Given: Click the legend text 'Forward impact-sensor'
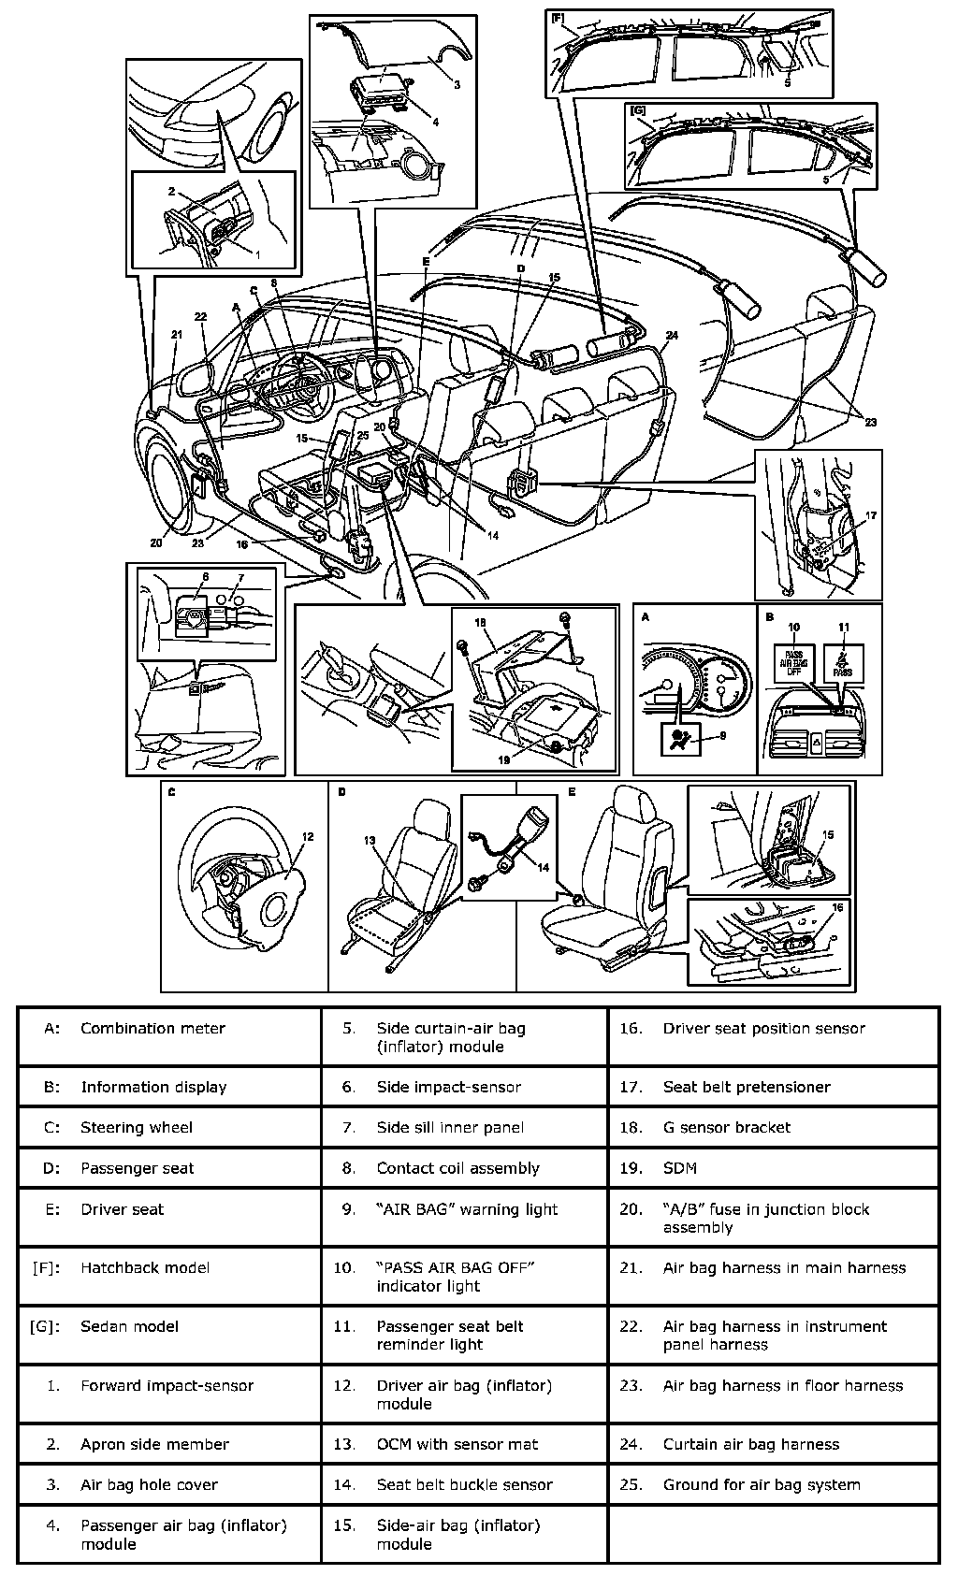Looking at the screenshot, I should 167,1385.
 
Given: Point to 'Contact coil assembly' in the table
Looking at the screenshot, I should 457,1168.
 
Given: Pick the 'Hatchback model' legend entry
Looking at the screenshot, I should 145,1268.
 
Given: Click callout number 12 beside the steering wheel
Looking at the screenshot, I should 308,837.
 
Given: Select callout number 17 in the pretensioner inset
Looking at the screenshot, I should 871,515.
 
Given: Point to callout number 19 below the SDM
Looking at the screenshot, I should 504,760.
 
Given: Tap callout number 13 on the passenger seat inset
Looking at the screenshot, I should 370,841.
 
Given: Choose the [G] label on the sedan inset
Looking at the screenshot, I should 639,111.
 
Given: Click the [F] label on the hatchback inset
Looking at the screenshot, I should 559,17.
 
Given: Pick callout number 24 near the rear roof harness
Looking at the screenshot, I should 672,335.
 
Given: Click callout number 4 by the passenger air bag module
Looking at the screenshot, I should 435,122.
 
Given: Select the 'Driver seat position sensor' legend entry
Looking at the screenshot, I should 763,1028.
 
